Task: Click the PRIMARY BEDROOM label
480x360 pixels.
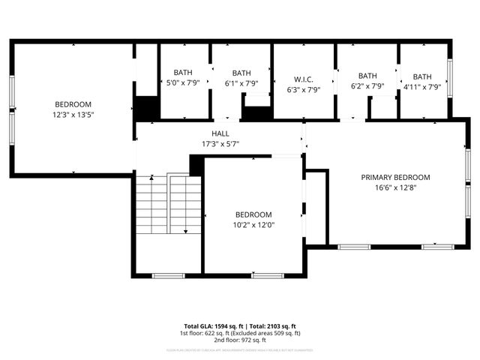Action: pyautogui.click(x=395, y=178)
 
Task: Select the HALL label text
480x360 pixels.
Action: pyautogui.click(x=220, y=133)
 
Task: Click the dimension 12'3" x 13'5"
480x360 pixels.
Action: pyautogui.click(x=73, y=115)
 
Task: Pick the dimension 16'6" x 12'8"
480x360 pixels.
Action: pyautogui.click(x=395, y=187)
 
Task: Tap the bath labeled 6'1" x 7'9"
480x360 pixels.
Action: pyautogui.click(x=241, y=84)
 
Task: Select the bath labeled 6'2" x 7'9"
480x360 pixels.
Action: pyautogui.click(x=367, y=86)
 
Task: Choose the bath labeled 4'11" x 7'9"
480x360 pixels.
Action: pyautogui.click(x=422, y=87)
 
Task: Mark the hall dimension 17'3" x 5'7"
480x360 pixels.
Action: pyautogui.click(x=220, y=143)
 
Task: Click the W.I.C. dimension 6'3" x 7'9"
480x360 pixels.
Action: pyautogui.click(x=304, y=89)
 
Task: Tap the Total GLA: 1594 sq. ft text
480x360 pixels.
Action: pyautogui.click(x=206, y=325)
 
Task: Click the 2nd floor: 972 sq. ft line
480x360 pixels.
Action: pyautogui.click(x=240, y=340)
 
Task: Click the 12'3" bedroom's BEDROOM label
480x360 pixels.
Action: pyautogui.click(x=73, y=104)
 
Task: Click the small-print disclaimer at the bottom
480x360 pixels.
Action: pyautogui.click(x=240, y=349)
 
